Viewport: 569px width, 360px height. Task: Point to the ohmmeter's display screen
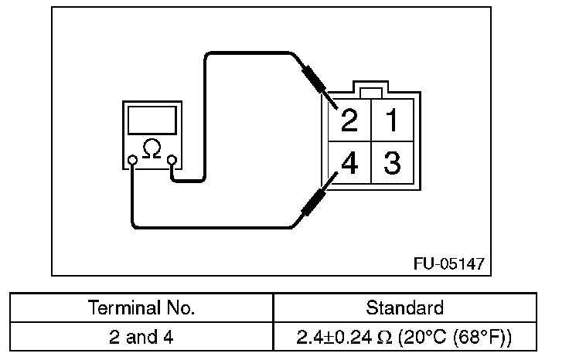[152, 121]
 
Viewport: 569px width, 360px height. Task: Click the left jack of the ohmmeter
[133, 161]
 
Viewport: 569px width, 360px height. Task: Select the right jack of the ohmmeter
[172, 161]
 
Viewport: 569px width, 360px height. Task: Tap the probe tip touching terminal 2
[332, 102]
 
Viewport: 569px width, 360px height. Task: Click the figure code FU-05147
[449, 263]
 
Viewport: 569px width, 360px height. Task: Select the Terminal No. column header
[141, 307]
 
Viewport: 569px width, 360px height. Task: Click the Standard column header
[404, 307]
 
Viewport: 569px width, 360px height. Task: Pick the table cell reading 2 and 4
[141, 337]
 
